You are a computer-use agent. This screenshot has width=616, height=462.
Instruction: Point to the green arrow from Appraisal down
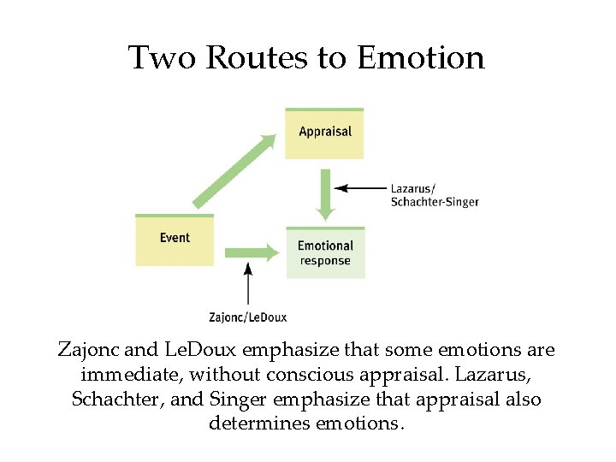[325, 194]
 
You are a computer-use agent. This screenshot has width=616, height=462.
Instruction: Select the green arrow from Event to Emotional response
[251, 252]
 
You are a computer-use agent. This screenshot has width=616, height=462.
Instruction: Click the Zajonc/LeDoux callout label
[248, 317]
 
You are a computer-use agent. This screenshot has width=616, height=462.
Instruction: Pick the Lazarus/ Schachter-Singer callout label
[434, 195]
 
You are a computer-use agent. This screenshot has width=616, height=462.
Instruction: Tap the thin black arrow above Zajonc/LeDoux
[248, 283]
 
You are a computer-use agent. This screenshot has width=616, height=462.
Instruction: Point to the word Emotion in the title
[421, 58]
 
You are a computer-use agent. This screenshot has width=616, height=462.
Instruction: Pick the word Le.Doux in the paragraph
[204, 351]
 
